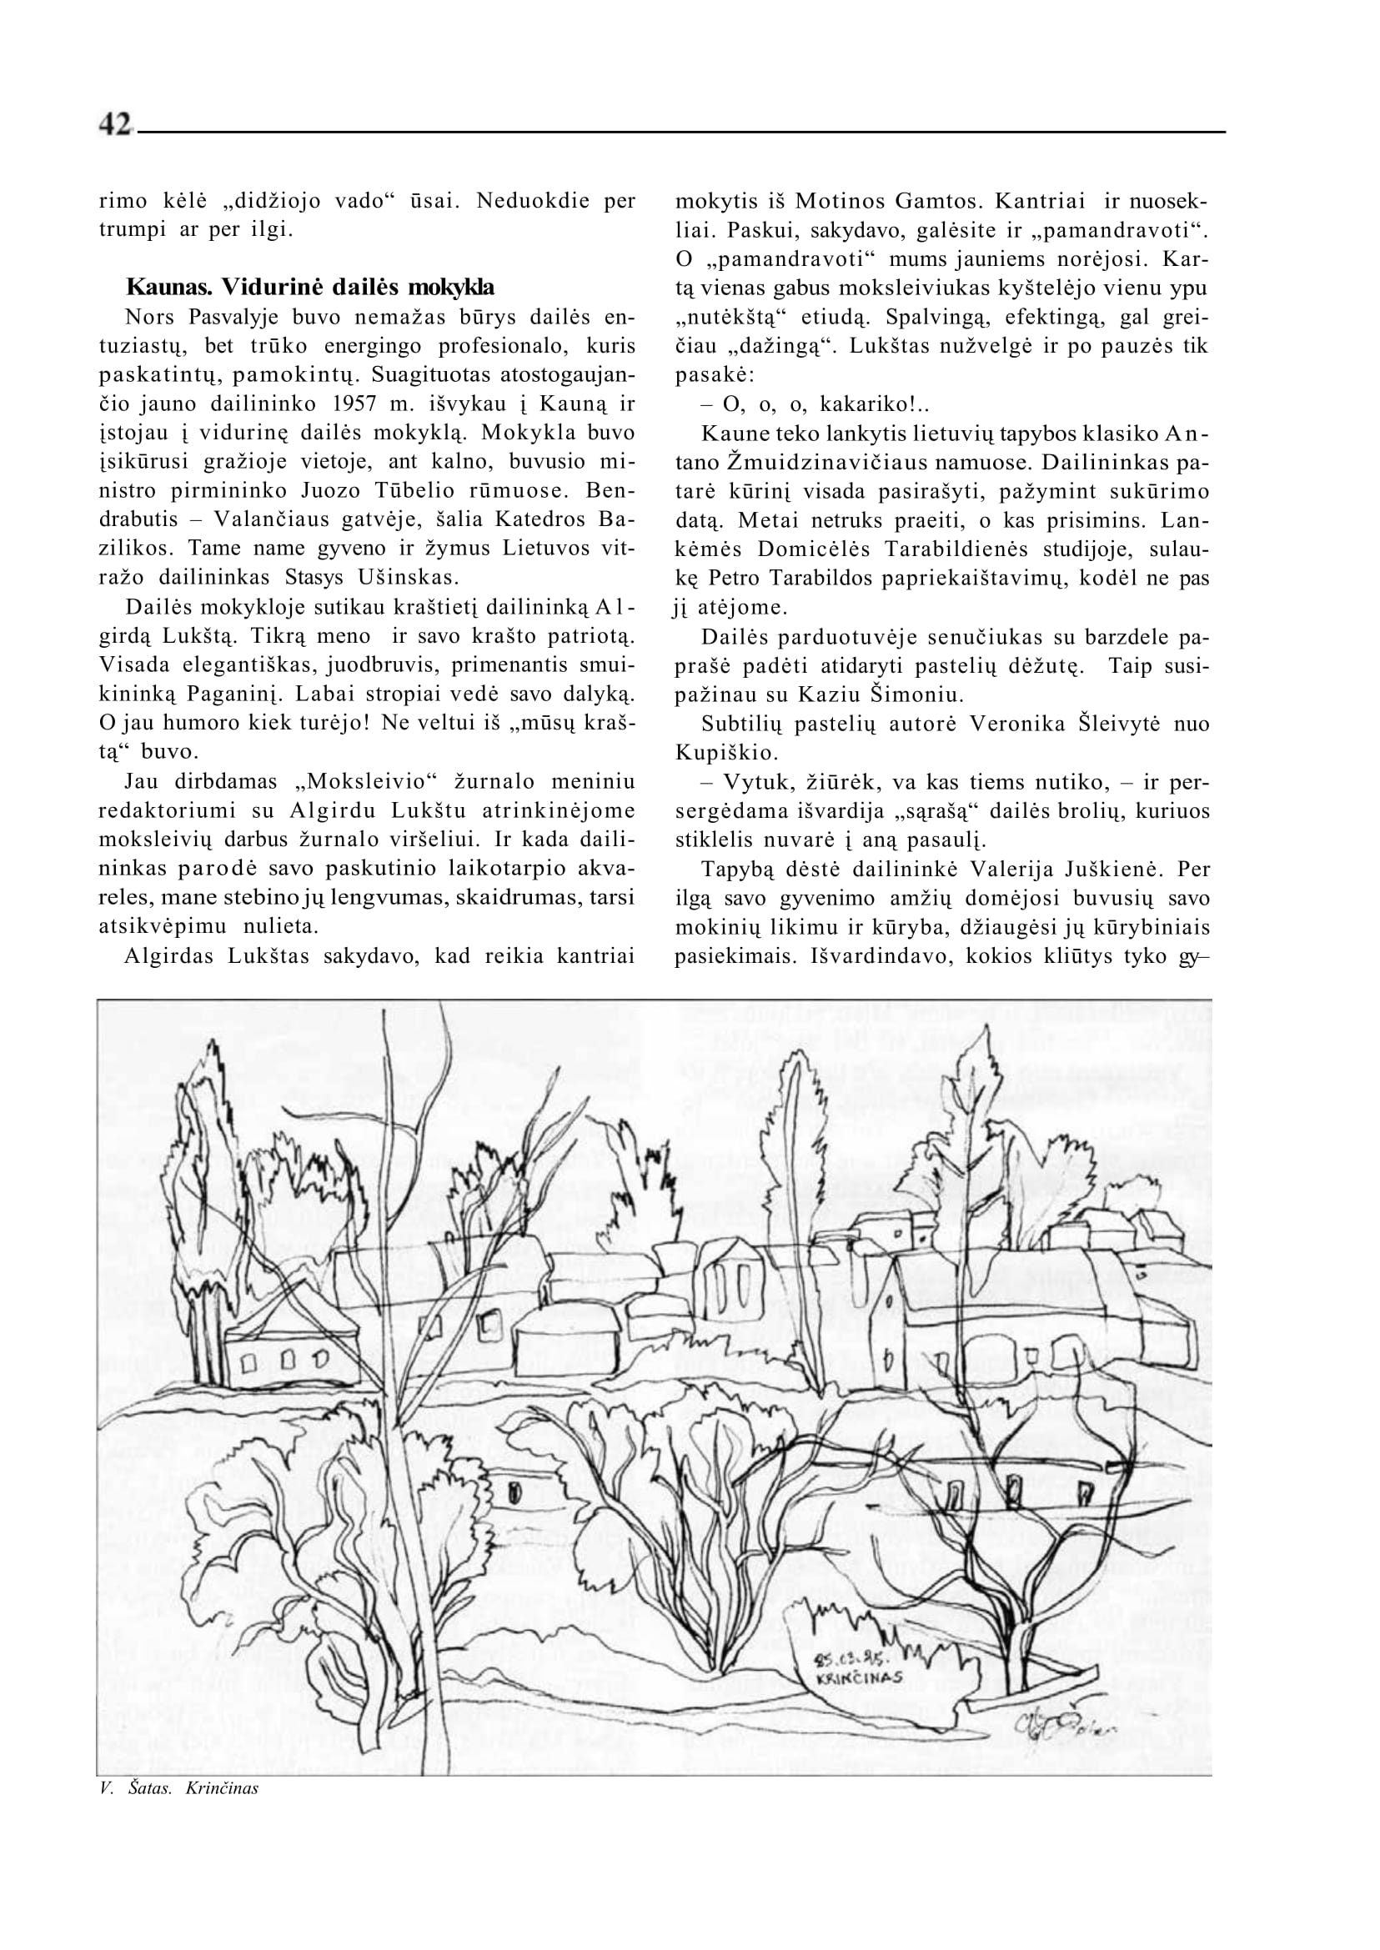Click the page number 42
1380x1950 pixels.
pos(116,126)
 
